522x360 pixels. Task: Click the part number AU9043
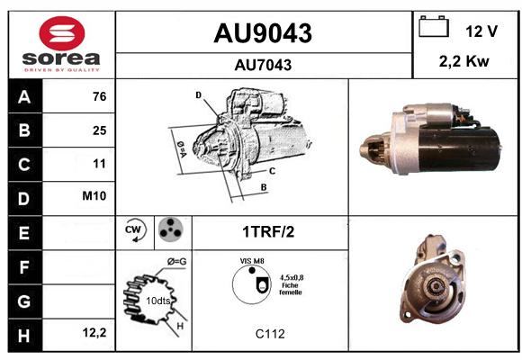263,33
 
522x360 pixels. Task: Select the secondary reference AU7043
263,65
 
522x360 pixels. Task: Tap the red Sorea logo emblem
62,33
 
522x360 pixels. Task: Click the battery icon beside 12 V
434,26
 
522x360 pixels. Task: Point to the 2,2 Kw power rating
464,61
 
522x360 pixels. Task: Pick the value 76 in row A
100,96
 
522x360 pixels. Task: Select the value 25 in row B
100,130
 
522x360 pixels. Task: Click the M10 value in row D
94,196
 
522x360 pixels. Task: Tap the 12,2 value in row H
94,332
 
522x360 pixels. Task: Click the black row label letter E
24,233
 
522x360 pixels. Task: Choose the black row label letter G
24,301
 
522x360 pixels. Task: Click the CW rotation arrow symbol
135,230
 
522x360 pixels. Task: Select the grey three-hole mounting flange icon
171,229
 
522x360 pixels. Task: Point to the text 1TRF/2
268,232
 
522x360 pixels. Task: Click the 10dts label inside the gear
157,301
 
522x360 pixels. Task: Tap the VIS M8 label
252,261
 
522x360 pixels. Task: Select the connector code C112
270,334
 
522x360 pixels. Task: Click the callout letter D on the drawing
198,95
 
